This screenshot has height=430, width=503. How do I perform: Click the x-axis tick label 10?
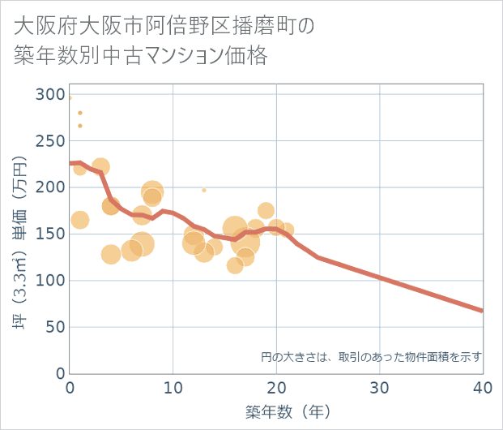[173, 388]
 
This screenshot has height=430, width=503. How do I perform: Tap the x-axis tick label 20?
[276, 388]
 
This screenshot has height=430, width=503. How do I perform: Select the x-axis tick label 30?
[379, 388]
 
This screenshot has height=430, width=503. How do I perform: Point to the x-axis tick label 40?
[483, 388]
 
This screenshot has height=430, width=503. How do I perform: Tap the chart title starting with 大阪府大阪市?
[162, 41]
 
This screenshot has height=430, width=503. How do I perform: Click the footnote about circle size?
[371, 356]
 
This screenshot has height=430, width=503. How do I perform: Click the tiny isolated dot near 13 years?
[204, 190]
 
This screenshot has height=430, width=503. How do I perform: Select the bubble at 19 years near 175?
[266, 211]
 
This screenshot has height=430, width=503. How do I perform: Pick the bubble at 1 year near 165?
[79, 220]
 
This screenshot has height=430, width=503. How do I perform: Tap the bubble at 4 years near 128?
[111, 254]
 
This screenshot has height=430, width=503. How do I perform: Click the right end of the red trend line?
[483, 311]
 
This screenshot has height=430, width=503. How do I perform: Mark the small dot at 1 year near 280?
[79, 113]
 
